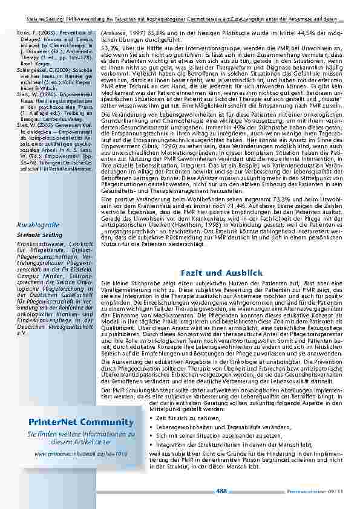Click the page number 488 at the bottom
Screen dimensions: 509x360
222,491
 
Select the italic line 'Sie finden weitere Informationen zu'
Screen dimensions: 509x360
81,434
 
